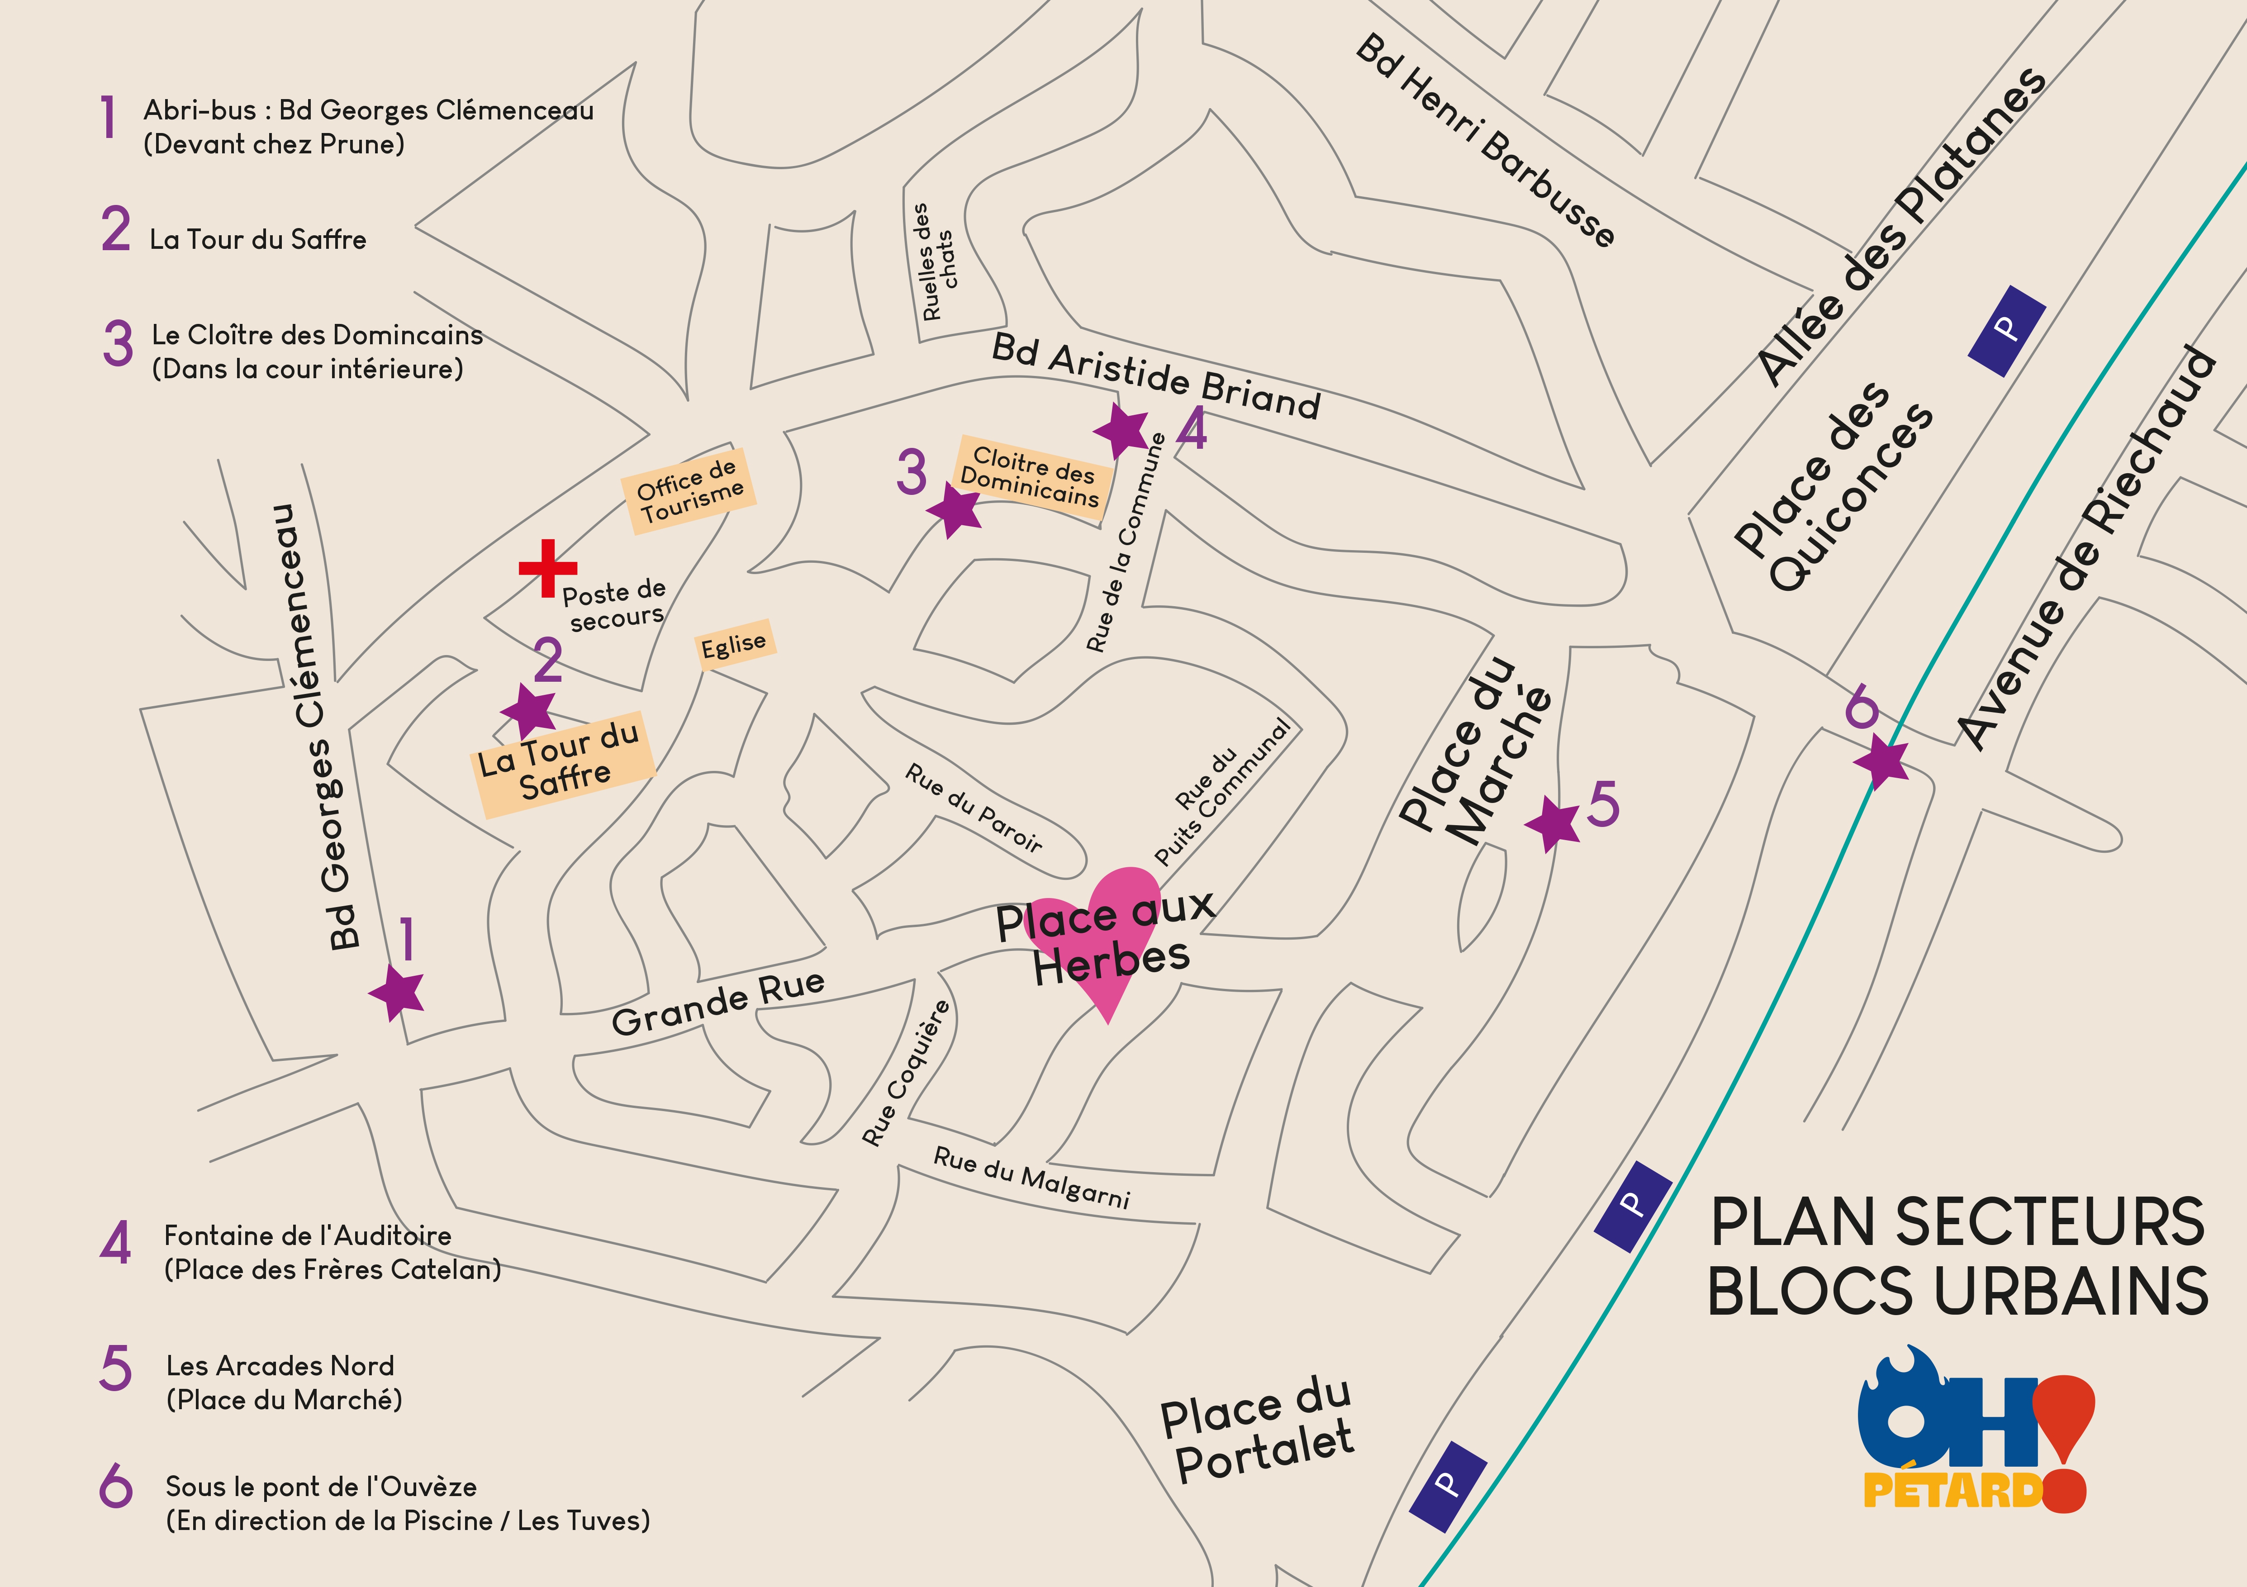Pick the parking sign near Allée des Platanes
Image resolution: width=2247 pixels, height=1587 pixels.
click(2006, 331)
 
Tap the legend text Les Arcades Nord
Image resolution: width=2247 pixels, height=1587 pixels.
click(280, 1366)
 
